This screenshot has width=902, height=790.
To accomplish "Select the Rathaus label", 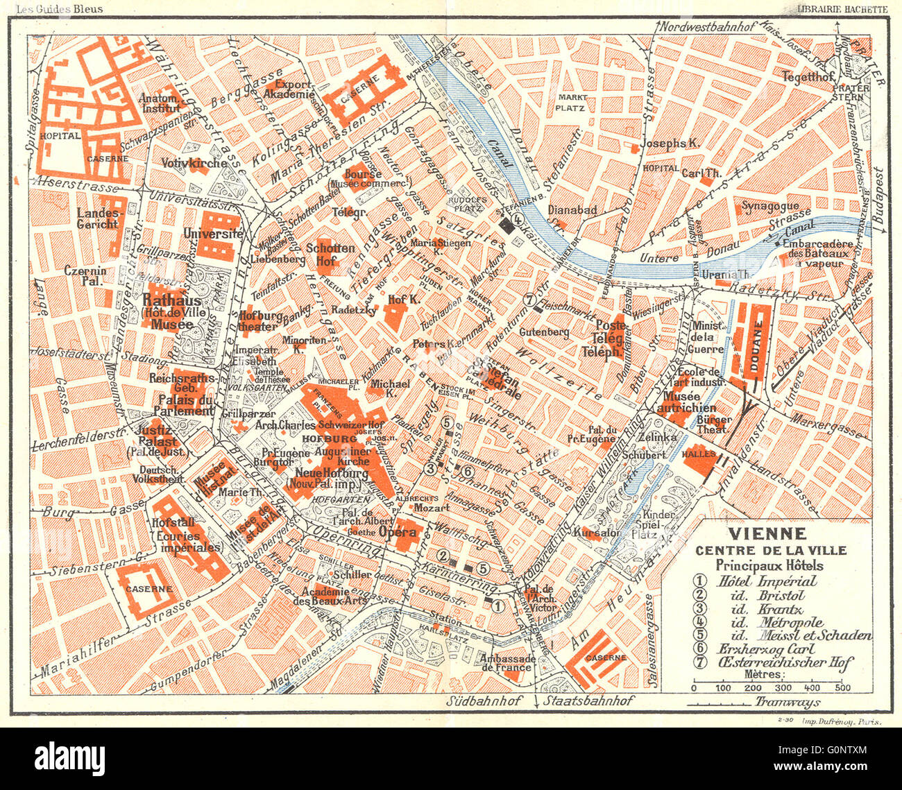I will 172,300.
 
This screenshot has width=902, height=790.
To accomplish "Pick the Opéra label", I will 398,532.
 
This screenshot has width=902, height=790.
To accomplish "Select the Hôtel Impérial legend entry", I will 756,581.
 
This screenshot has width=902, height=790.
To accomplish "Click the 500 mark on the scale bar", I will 842,687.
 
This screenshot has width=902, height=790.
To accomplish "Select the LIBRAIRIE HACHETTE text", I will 842,8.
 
